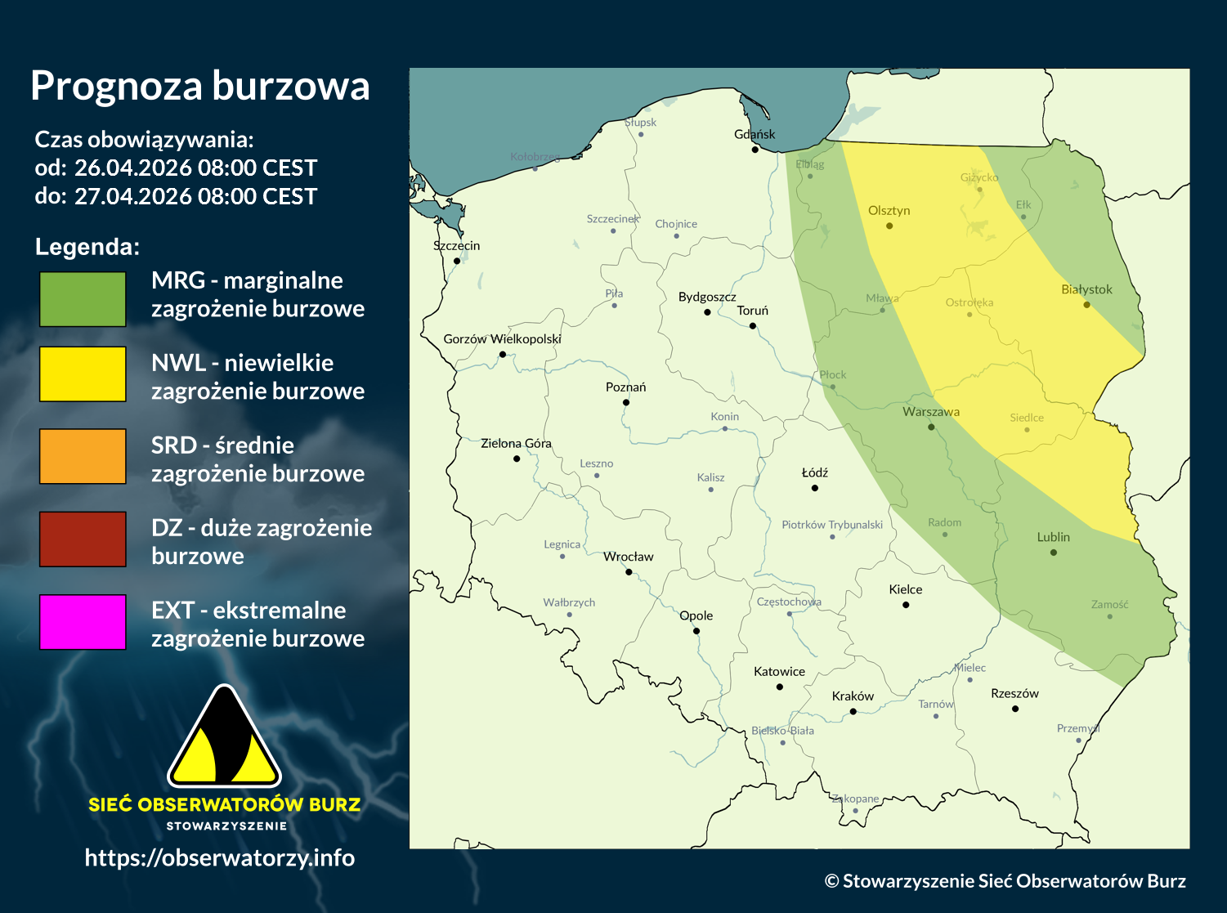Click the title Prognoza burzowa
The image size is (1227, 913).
click(200, 86)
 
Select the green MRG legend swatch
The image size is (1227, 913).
click(83, 299)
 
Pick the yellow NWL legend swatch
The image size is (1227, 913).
click(83, 374)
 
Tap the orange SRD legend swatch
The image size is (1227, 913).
click(83, 456)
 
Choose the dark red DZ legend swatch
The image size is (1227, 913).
click(83, 539)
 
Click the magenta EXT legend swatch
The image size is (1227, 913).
click(83, 622)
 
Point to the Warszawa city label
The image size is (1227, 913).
click(931, 412)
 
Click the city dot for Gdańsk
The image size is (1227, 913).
click(755, 150)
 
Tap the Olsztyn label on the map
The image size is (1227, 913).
click(889, 211)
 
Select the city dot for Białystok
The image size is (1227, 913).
click(1086, 305)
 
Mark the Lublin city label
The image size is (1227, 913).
click(1053, 537)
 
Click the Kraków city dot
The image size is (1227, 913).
click(853, 712)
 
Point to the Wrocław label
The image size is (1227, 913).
click(628, 557)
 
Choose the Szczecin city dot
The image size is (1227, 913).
click(457, 262)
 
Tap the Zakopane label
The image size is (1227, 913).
click(855, 799)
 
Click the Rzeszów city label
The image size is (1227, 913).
click(1014, 693)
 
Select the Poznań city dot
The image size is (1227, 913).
click(626, 402)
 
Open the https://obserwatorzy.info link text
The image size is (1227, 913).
click(219, 857)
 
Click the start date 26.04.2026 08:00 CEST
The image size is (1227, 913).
click(195, 168)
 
